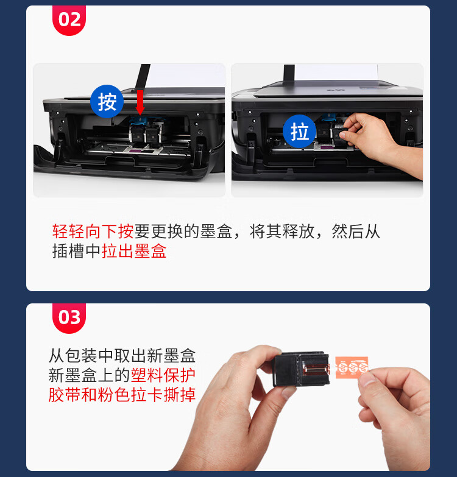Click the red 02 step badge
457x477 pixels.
point(69,19)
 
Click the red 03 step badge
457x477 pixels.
point(69,317)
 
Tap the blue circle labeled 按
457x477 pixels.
point(107,101)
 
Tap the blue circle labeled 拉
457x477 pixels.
point(299,132)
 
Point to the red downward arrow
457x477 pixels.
point(140,102)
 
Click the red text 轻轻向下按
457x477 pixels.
point(93,231)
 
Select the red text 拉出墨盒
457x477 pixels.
point(134,251)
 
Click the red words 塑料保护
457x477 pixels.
point(163,375)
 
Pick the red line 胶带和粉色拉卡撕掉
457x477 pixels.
point(122,395)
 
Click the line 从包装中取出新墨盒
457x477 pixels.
point(122,355)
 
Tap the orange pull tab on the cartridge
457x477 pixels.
point(352,367)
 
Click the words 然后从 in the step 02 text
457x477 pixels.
point(356,231)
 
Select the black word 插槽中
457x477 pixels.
point(77,251)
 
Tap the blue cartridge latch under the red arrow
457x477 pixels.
point(140,120)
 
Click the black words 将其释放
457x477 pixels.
point(282,231)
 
